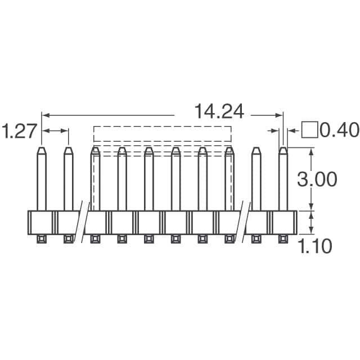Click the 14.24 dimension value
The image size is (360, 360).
(219, 112)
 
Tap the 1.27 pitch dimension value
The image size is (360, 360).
(19, 131)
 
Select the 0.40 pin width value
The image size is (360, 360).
(339, 130)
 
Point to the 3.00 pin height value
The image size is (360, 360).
(317, 179)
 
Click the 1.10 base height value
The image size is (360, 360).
(315, 246)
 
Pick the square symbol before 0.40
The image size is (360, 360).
(309, 130)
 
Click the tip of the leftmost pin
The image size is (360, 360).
(42, 147)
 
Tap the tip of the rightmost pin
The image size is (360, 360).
(283, 147)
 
